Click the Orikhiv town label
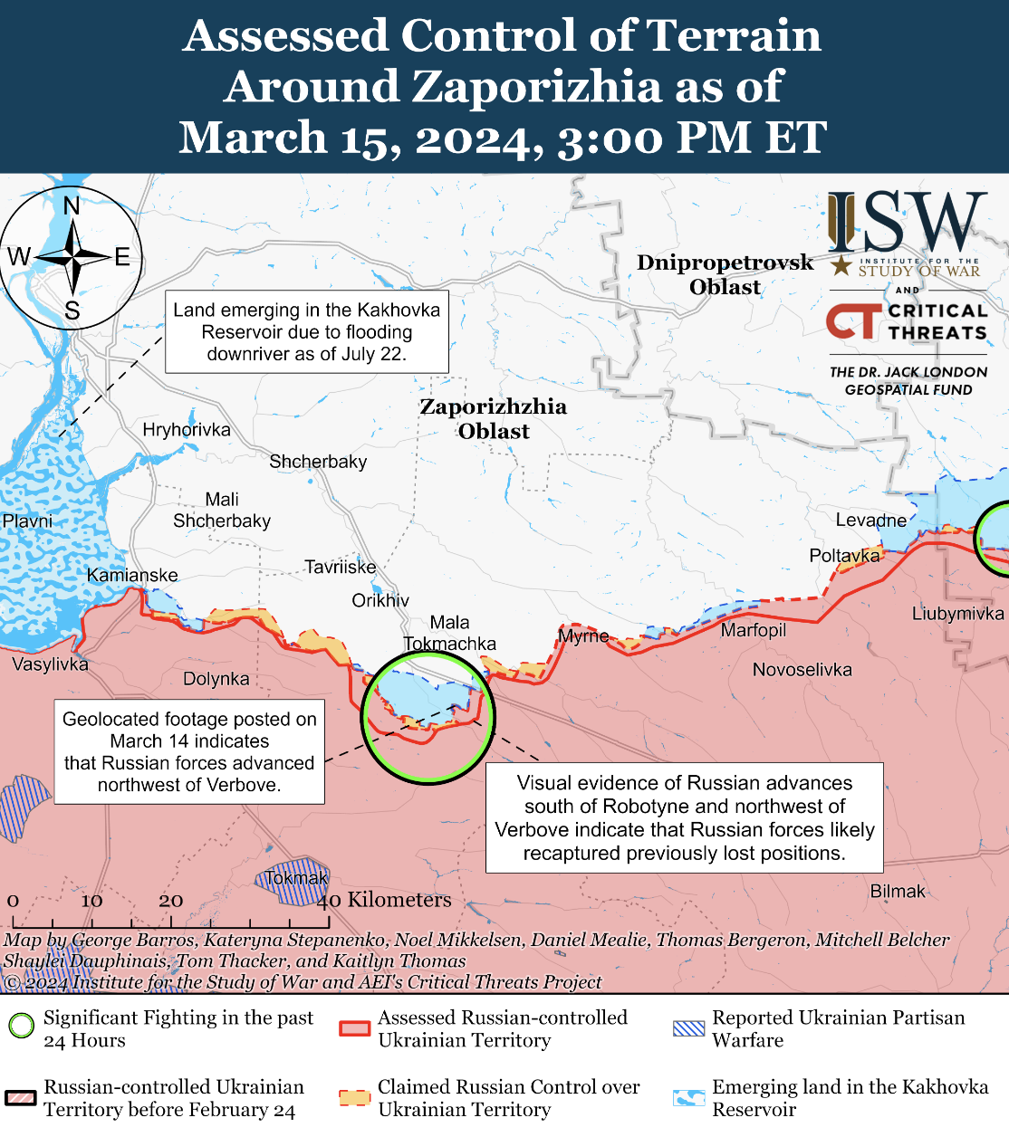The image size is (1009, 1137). pos(380,600)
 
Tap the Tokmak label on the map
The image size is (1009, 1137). pos(296,878)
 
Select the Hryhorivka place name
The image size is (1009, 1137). pos(187,429)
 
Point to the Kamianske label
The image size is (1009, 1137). pos(132,575)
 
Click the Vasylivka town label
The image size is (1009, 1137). pos(50,664)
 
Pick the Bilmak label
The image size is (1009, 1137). pos(898,891)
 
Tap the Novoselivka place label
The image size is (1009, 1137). pos(802,670)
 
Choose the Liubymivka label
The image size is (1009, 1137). pos(957,614)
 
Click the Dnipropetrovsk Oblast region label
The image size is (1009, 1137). pos(725,274)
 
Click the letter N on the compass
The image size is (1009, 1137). pos(72,205)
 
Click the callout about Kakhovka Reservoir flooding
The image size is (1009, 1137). pos(306,332)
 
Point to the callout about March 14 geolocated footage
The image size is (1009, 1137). pos(189,751)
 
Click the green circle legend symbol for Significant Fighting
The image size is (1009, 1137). pos(21,1027)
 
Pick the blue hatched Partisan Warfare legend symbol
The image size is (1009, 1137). pos(689,1028)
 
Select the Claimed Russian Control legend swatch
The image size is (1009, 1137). pos(355,1097)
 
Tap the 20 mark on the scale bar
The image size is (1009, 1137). pos(171,901)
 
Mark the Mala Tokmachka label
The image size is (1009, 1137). pos(450,633)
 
